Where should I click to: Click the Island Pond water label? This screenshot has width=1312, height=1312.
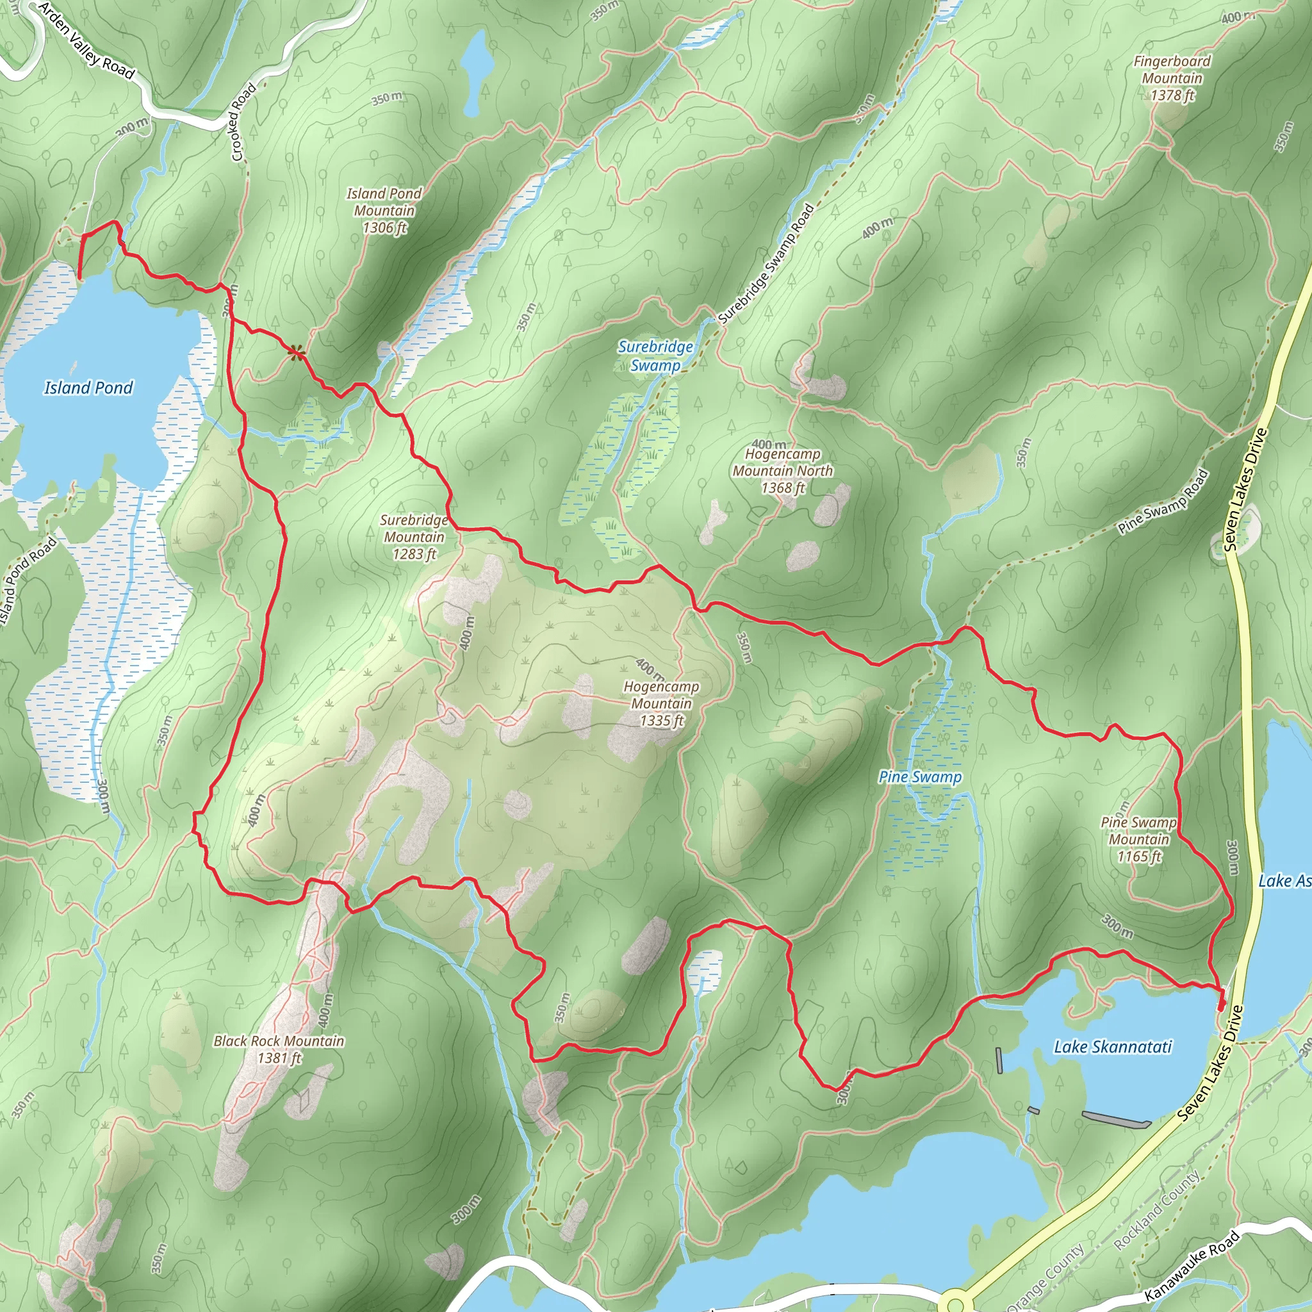click(88, 388)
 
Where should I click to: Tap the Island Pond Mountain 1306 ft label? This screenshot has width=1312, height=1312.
click(384, 211)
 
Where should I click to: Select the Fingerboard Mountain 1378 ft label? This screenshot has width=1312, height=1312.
click(1172, 78)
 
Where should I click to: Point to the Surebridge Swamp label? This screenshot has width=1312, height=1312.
click(655, 356)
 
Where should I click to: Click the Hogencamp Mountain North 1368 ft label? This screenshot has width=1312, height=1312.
click(782, 470)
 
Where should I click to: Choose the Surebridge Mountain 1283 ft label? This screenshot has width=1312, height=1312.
click(414, 536)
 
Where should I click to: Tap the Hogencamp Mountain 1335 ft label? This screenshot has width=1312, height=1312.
click(661, 703)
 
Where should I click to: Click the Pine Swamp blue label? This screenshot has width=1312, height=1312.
click(920, 777)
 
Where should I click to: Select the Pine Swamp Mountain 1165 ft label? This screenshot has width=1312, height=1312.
click(1139, 839)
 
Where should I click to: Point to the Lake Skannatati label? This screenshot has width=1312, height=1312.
click(1112, 1047)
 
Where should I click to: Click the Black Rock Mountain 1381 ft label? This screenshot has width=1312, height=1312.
click(279, 1049)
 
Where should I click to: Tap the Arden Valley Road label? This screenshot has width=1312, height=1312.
click(86, 41)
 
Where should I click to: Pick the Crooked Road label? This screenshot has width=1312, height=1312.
click(244, 122)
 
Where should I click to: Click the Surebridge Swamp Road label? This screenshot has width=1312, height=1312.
click(766, 263)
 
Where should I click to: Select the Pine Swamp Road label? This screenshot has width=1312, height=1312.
click(1163, 501)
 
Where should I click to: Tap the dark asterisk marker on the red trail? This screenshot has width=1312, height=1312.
click(295, 352)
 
